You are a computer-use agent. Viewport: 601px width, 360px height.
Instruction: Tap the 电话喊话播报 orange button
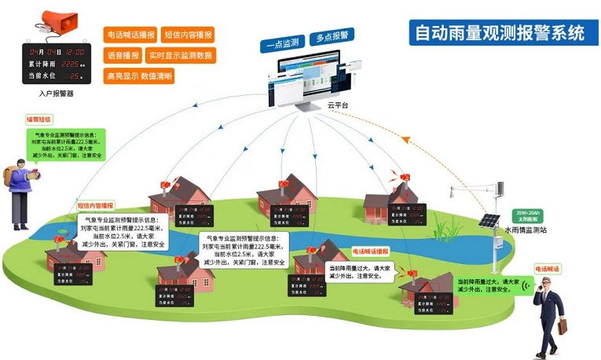(x=130, y=35)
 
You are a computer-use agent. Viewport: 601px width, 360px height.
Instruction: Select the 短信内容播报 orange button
(x=189, y=35)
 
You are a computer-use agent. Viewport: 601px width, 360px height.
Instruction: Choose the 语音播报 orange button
(x=123, y=56)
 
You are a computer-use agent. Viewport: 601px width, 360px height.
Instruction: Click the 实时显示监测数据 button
(x=180, y=56)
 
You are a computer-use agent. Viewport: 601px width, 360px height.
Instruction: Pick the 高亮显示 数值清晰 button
(x=139, y=76)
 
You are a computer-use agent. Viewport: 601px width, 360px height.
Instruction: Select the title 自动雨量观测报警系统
(x=499, y=34)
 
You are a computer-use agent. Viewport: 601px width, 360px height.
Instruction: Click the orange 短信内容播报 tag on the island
(x=95, y=205)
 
